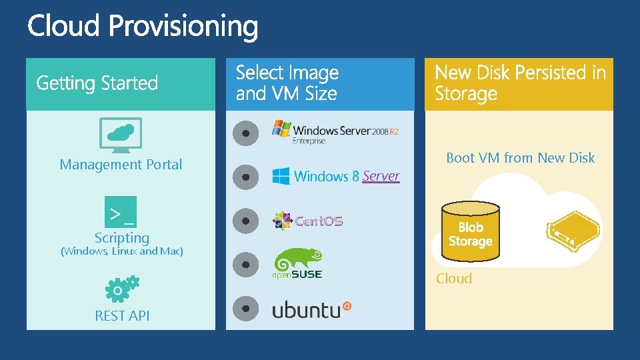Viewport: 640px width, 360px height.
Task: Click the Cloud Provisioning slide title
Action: tap(143, 27)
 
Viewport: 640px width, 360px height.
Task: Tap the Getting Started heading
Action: tap(97, 83)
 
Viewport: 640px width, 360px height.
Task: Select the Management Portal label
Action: tap(121, 165)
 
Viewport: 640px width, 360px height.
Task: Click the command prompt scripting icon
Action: tap(121, 212)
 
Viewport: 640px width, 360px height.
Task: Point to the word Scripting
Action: tap(122, 237)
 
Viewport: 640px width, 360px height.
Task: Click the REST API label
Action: tap(122, 316)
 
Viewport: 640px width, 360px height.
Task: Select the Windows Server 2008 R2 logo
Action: tap(335, 131)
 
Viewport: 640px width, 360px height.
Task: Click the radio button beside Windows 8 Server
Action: tap(246, 177)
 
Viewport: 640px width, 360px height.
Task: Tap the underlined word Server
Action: tap(381, 176)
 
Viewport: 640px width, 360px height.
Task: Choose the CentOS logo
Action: tap(308, 221)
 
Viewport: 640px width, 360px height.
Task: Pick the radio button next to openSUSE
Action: tap(246, 265)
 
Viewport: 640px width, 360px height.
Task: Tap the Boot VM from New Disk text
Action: tap(520, 158)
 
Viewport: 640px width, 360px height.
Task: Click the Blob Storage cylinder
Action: tap(470, 233)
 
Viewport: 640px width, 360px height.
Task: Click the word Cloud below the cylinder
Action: tap(454, 279)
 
